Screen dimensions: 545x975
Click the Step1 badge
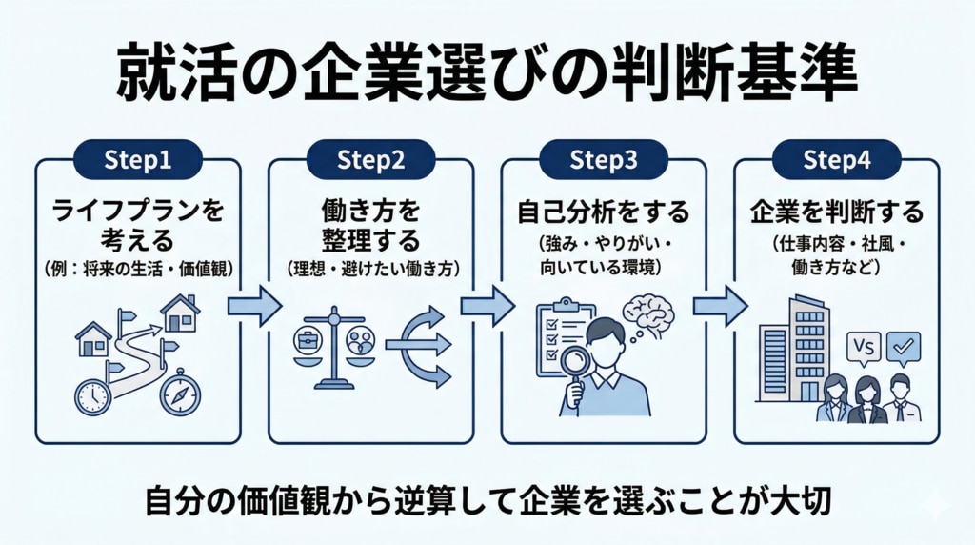(138, 160)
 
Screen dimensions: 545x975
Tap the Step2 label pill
(370, 160)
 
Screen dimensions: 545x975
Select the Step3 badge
(603, 160)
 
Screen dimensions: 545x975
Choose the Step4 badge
(837, 160)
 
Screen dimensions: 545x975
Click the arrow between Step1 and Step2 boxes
(253, 306)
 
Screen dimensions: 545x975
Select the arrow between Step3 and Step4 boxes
(719, 306)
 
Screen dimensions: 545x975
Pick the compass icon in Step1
(180, 394)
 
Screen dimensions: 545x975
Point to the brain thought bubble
(649, 315)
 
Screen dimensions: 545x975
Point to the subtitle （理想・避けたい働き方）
(370, 269)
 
